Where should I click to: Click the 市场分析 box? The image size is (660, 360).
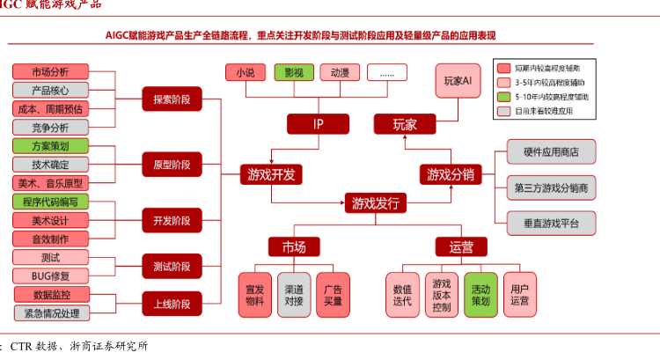pyautogui.click(x=49, y=71)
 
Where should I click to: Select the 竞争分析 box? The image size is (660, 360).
pyautogui.click(x=49, y=127)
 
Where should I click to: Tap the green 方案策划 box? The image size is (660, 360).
pyautogui.click(x=49, y=146)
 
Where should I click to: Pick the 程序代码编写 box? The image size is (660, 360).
pyautogui.click(x=49, y=202)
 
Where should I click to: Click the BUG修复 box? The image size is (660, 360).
pyautogui.click(x=49, y=276)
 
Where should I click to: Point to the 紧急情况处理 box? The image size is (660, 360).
pyautogui.click(x=49, y=312)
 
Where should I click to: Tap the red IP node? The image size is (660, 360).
pyautogui.click(x=319, y=124)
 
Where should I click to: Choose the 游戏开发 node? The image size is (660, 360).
pyautogui.click(x=272, y=174)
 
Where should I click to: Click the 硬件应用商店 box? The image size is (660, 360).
pyautogui.click(x=551, y=151)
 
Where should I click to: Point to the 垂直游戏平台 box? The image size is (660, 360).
pyautogui.click(x=551, y=224)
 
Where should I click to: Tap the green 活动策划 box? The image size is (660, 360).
pyautogui.click(x=480, y=295)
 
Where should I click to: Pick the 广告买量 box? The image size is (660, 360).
pyautogui.click(x=333, y=295)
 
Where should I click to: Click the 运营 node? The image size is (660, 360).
pyautogui.click(x=461, y=246)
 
